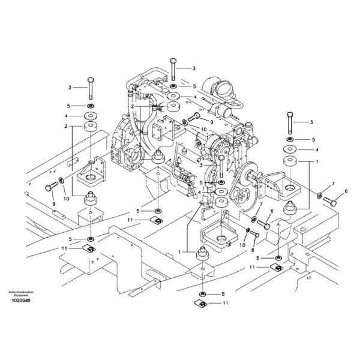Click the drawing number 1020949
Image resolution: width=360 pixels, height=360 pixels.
click(x=20, y=300)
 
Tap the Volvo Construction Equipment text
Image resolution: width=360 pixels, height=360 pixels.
click(x=20, y=293)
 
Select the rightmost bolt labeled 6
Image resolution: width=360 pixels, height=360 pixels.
click(x=332, y=200)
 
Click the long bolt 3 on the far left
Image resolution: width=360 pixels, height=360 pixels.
click(x=90, y=88)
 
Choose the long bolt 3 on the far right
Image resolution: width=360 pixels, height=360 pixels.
click(x=290, y=122)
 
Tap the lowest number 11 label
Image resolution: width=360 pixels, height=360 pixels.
click(x=226, y=304)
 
